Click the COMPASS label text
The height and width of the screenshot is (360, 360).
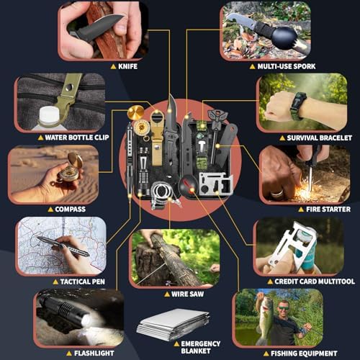pos(70,209)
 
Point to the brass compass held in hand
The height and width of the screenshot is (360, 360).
pos(74,162)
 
